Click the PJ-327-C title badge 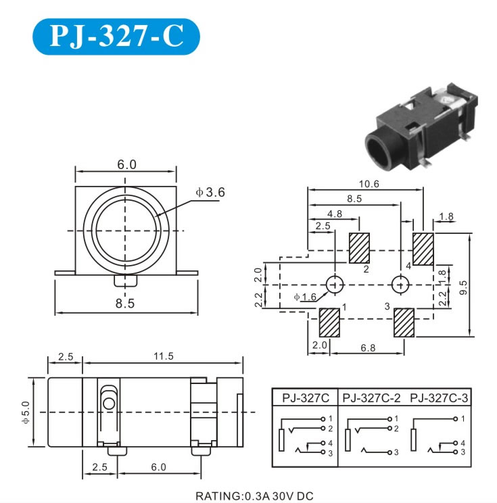[116, 37]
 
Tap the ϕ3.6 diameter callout [210, 192]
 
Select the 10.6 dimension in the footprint [369, 184]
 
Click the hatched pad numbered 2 [359, 248]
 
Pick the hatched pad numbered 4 [423, 249]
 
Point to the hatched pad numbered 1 [329, 322]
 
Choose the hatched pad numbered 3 [404, 322]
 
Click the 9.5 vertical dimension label [463, 287]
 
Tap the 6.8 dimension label [368, 348]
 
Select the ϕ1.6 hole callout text [305, 297]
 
